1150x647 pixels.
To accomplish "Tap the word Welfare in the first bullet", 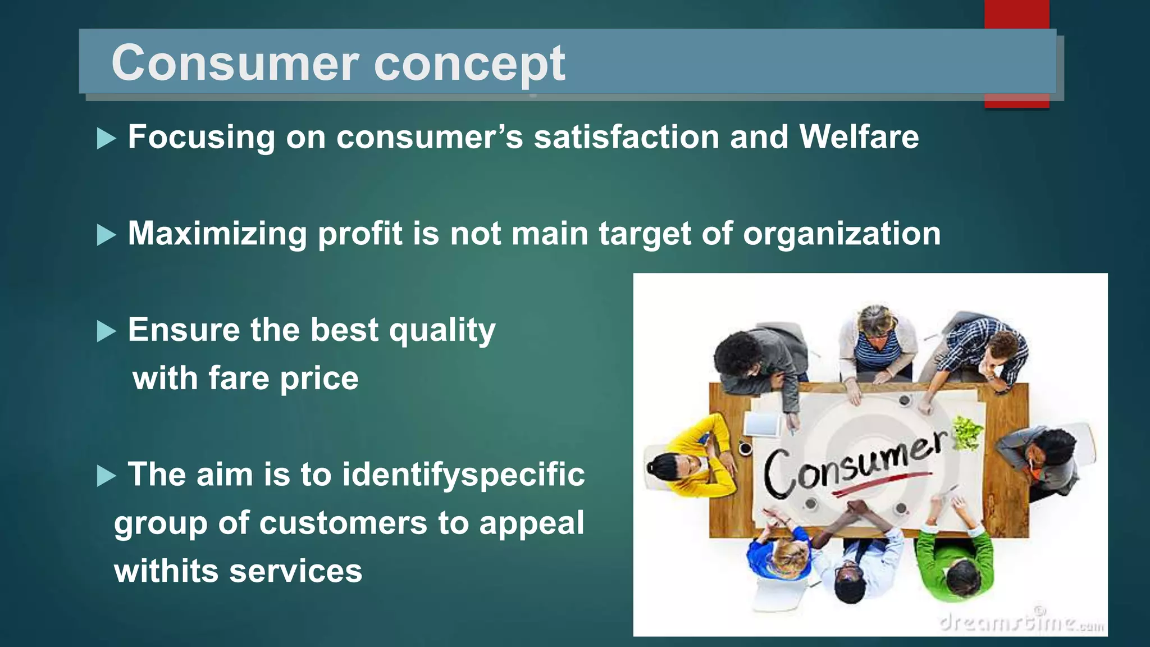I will tap(859, 136).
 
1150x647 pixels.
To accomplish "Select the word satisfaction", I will tap(626, 136).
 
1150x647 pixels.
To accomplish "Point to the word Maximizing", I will tap(217, 233).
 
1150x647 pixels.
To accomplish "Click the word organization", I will tap(842, 234).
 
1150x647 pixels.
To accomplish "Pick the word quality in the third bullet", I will tap(442, 330).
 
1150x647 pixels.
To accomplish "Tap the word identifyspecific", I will tap(463, 475).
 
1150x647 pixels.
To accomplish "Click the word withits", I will tap(166, 571).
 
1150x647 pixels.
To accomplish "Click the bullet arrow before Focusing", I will tap(106, 138).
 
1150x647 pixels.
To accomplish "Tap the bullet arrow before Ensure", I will tap(106, 331).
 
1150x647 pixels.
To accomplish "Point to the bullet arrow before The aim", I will tap(106, 476).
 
